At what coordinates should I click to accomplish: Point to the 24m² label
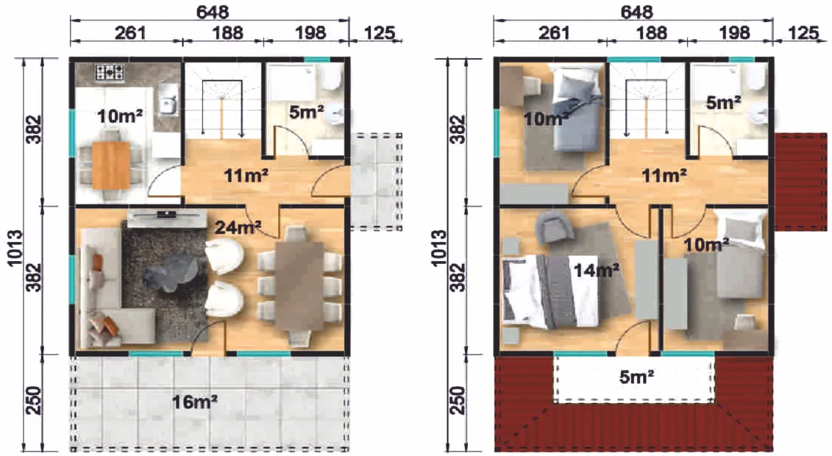click(238, 227)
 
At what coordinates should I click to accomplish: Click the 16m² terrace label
click(195, 402)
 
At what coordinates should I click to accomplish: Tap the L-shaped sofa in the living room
click(106, 289)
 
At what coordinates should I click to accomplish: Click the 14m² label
click(597, 271)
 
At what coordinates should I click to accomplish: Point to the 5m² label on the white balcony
click(636, 377)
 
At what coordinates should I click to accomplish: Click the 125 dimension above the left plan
click(380, 33)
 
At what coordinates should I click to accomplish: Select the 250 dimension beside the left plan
click(33, 401)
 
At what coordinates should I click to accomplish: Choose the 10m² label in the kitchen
click(120, 115)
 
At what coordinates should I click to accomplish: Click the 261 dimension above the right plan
click(553, 33)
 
